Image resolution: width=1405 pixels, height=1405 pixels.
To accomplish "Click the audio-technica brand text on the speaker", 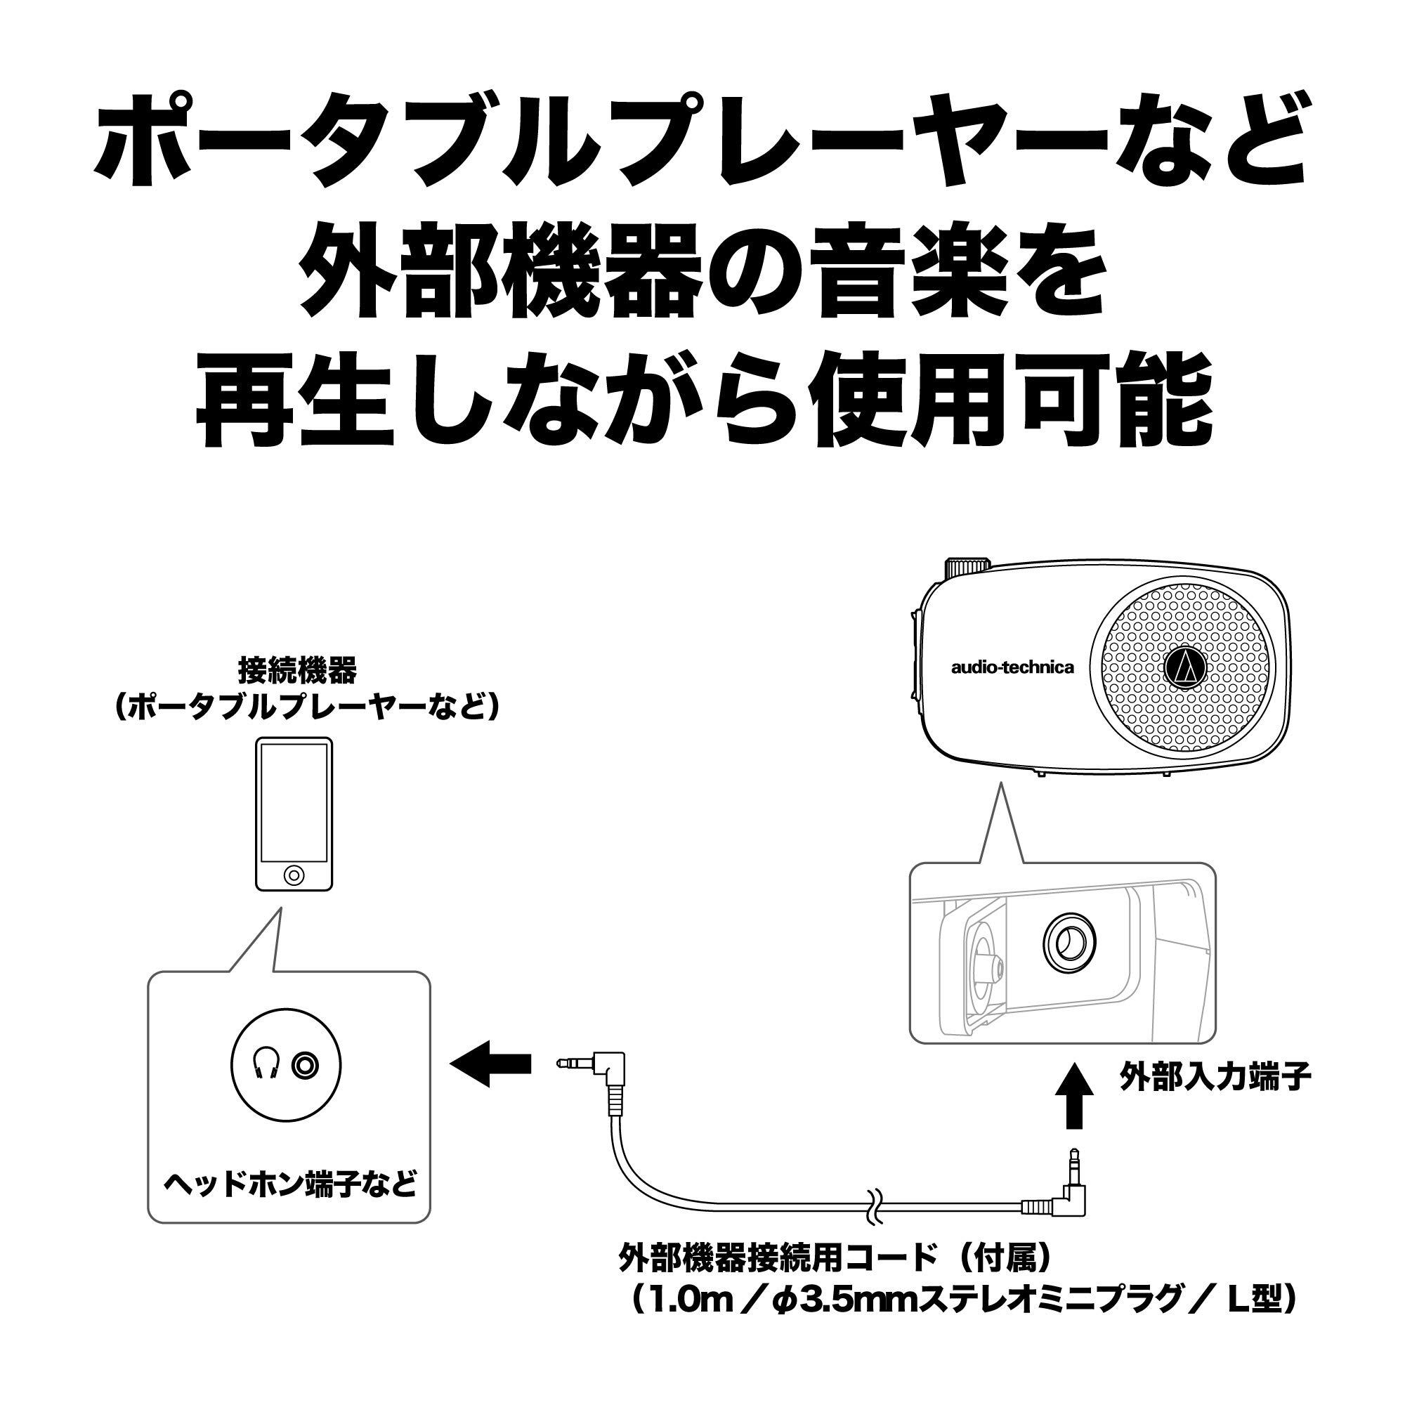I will (x=1012, y=667).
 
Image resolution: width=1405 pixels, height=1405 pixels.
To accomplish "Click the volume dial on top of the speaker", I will (x=967, y=566).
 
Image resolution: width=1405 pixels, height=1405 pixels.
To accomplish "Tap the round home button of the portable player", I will (x=294, y=873).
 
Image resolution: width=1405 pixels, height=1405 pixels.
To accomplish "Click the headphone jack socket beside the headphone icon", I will (x=306, y=1066).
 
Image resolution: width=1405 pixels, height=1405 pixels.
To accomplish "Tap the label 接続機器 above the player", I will (x=298, y=671).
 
